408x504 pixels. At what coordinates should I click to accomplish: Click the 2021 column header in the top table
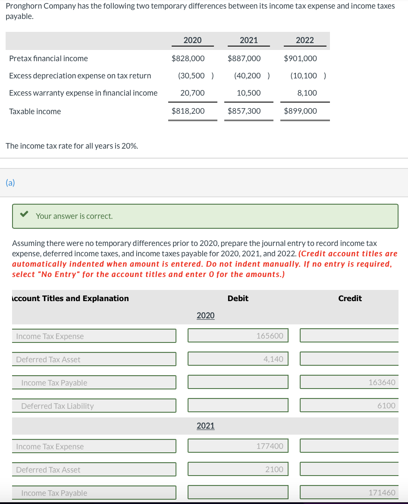pyautogui.click(x=248, y=40)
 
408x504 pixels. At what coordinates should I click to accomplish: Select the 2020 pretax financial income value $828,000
pyautogui.click(x=188, y=58)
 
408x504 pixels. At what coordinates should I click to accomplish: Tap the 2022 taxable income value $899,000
pyautogui.click(x=300, y=111)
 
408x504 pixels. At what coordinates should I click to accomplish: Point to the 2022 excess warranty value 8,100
pyautogui.click(x=307, y=93)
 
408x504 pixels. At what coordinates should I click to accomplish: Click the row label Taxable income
pyautogui.click(x=35, y=111)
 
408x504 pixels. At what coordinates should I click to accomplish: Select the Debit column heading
pyautogui.click(x=238, y=298)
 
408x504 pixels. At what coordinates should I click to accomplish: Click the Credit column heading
pyautogui.click(x=350, y=298)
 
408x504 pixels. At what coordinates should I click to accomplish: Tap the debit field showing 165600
pyautogui.click(x=238, y=336)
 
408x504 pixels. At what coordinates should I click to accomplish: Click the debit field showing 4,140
pyautogui.click(x=238, y=359)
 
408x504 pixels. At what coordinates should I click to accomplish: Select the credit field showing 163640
pyautogui.click(x=349, y=382)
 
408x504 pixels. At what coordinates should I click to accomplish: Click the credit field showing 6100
pyautogui.click(x=349, y=405)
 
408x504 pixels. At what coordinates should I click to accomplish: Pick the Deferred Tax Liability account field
pyautogui.click(x=94, y=406)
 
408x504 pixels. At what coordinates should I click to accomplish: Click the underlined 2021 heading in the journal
pyautogui.click(x=205, y=426)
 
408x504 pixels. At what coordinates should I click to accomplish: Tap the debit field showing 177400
pyautogui.click(x=238, y=446)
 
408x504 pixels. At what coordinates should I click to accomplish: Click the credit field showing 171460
pyautogui.click(x=349, y=492)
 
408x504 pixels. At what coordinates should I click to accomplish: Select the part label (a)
pyautogui.click(x=10, y=183)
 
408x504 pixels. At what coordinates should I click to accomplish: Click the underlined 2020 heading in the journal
pyautogui.click(x=205, y=315)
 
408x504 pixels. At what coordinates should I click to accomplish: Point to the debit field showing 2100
pyautogui.click(x=238, y=469)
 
